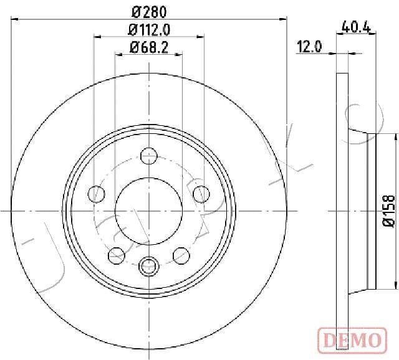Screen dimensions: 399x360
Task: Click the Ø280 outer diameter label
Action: pos(149,12)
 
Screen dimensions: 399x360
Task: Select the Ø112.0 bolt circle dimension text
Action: pos(149,30)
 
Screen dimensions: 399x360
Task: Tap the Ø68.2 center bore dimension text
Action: pos(149,47)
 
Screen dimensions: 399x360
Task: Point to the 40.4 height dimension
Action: pos(356,26)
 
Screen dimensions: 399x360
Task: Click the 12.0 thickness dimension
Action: pos(309,47)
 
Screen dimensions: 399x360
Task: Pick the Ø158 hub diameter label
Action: pos(389,211)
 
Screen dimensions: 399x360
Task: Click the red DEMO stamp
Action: pos(352,341)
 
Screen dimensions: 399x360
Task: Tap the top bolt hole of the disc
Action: pos(149,156)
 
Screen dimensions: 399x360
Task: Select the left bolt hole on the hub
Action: pos(96,194)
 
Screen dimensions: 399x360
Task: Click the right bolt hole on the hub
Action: pos(201,194)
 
